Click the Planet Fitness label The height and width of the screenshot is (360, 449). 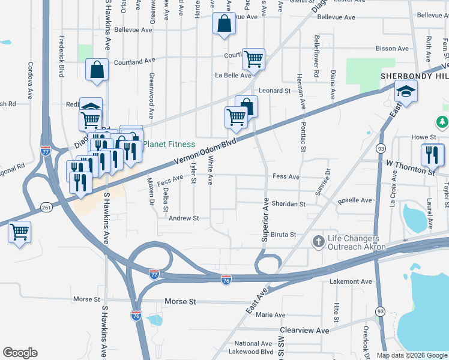pyautogui.click(x=169, y=144)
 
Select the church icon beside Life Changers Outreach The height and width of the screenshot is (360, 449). pyautogui.click(x=319, y=241)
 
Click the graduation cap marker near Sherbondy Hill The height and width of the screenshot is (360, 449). pyautogui.click(x=406, y=91)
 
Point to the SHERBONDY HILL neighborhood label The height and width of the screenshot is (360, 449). pyautogui.click(x=414, y=76)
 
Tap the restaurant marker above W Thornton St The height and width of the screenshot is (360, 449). pyautogui.click(x=432, y=155)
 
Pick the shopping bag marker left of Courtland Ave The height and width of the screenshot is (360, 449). pyautogui.click(x=97, y=70)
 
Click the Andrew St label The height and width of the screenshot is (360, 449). pyautogui.click(x=183, y=219)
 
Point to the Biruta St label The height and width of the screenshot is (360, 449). pyautogui.click(x=283, y=235)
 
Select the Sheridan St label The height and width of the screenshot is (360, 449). pyautogui.click(x=289, y=204)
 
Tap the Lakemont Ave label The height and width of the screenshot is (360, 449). pyautogui.click(x=351, y=281)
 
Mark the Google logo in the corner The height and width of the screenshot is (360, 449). pyautogui.click(x=20, y=353)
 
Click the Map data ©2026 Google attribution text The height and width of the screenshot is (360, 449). pyautogui.click(x=412, y=355)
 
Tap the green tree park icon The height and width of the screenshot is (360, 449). pyautogui.click(x=443, y=122)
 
